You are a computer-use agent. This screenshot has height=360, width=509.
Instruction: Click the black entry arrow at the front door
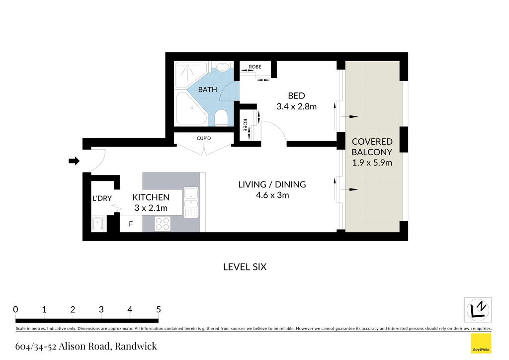pos(74,161)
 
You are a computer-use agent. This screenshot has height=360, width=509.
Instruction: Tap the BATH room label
pos(207,90)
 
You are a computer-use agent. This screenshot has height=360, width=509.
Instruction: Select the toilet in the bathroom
pos(221,117)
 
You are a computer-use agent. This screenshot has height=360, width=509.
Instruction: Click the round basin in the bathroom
pos(222,67)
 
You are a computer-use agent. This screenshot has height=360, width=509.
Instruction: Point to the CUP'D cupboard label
pos(204,138)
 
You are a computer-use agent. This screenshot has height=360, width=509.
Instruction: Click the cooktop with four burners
pos(163,224)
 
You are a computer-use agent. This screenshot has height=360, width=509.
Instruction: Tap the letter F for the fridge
pos(131,224)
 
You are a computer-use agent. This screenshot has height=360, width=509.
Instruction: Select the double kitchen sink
pos(191,202)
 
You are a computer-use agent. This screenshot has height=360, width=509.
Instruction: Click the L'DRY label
pos(102,198)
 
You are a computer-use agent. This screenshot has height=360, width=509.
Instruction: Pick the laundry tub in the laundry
pos(98,223)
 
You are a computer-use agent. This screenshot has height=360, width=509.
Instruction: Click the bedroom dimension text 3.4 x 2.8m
pos(296,106)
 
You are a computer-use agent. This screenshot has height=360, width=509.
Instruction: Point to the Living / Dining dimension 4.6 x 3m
pos(272,195)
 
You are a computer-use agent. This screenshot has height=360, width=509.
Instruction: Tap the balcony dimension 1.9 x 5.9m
pos(372,163)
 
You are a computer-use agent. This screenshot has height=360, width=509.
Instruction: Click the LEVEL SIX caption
pos(245,267)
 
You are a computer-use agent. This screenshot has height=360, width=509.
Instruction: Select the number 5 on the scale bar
pos(159,309)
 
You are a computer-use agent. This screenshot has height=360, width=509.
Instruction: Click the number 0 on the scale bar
pos(15,309)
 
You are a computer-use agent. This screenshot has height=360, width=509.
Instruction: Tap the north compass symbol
pos(478,310)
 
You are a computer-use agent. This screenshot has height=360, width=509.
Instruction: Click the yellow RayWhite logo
pos(481,344)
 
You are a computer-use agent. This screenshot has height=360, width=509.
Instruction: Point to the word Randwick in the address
pos(136,346)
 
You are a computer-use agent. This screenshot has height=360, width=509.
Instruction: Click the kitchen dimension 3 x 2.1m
pos(151,208)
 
